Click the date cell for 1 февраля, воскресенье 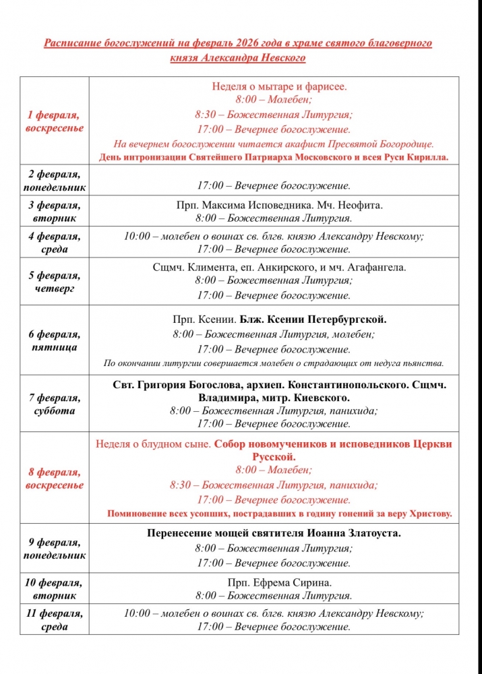pyautogui.click(x=55, y=121)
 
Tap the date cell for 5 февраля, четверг pyautogui.click(x=55, y=282)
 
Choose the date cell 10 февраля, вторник pyautogui.click(x=55, y=589)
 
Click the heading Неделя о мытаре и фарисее pyautogui.click(x=279, y=87)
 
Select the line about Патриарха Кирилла pyautogui.click(x=274, y=158)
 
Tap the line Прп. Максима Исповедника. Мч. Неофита pyautogui.click(x=274, y=205)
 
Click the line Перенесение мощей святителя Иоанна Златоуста pyautogui.click(x=274, y=533)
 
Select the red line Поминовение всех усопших pyautogui.click(x=279, y=514)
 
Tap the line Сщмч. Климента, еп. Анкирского pyautogui.click(x=279, y=268)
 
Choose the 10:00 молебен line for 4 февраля pyautogui.click(x=274, y=236)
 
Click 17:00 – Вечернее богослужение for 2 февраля pyautogui.click(x=274, y=185)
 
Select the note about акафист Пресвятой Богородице pyautogui.click(x=274, y=144)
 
